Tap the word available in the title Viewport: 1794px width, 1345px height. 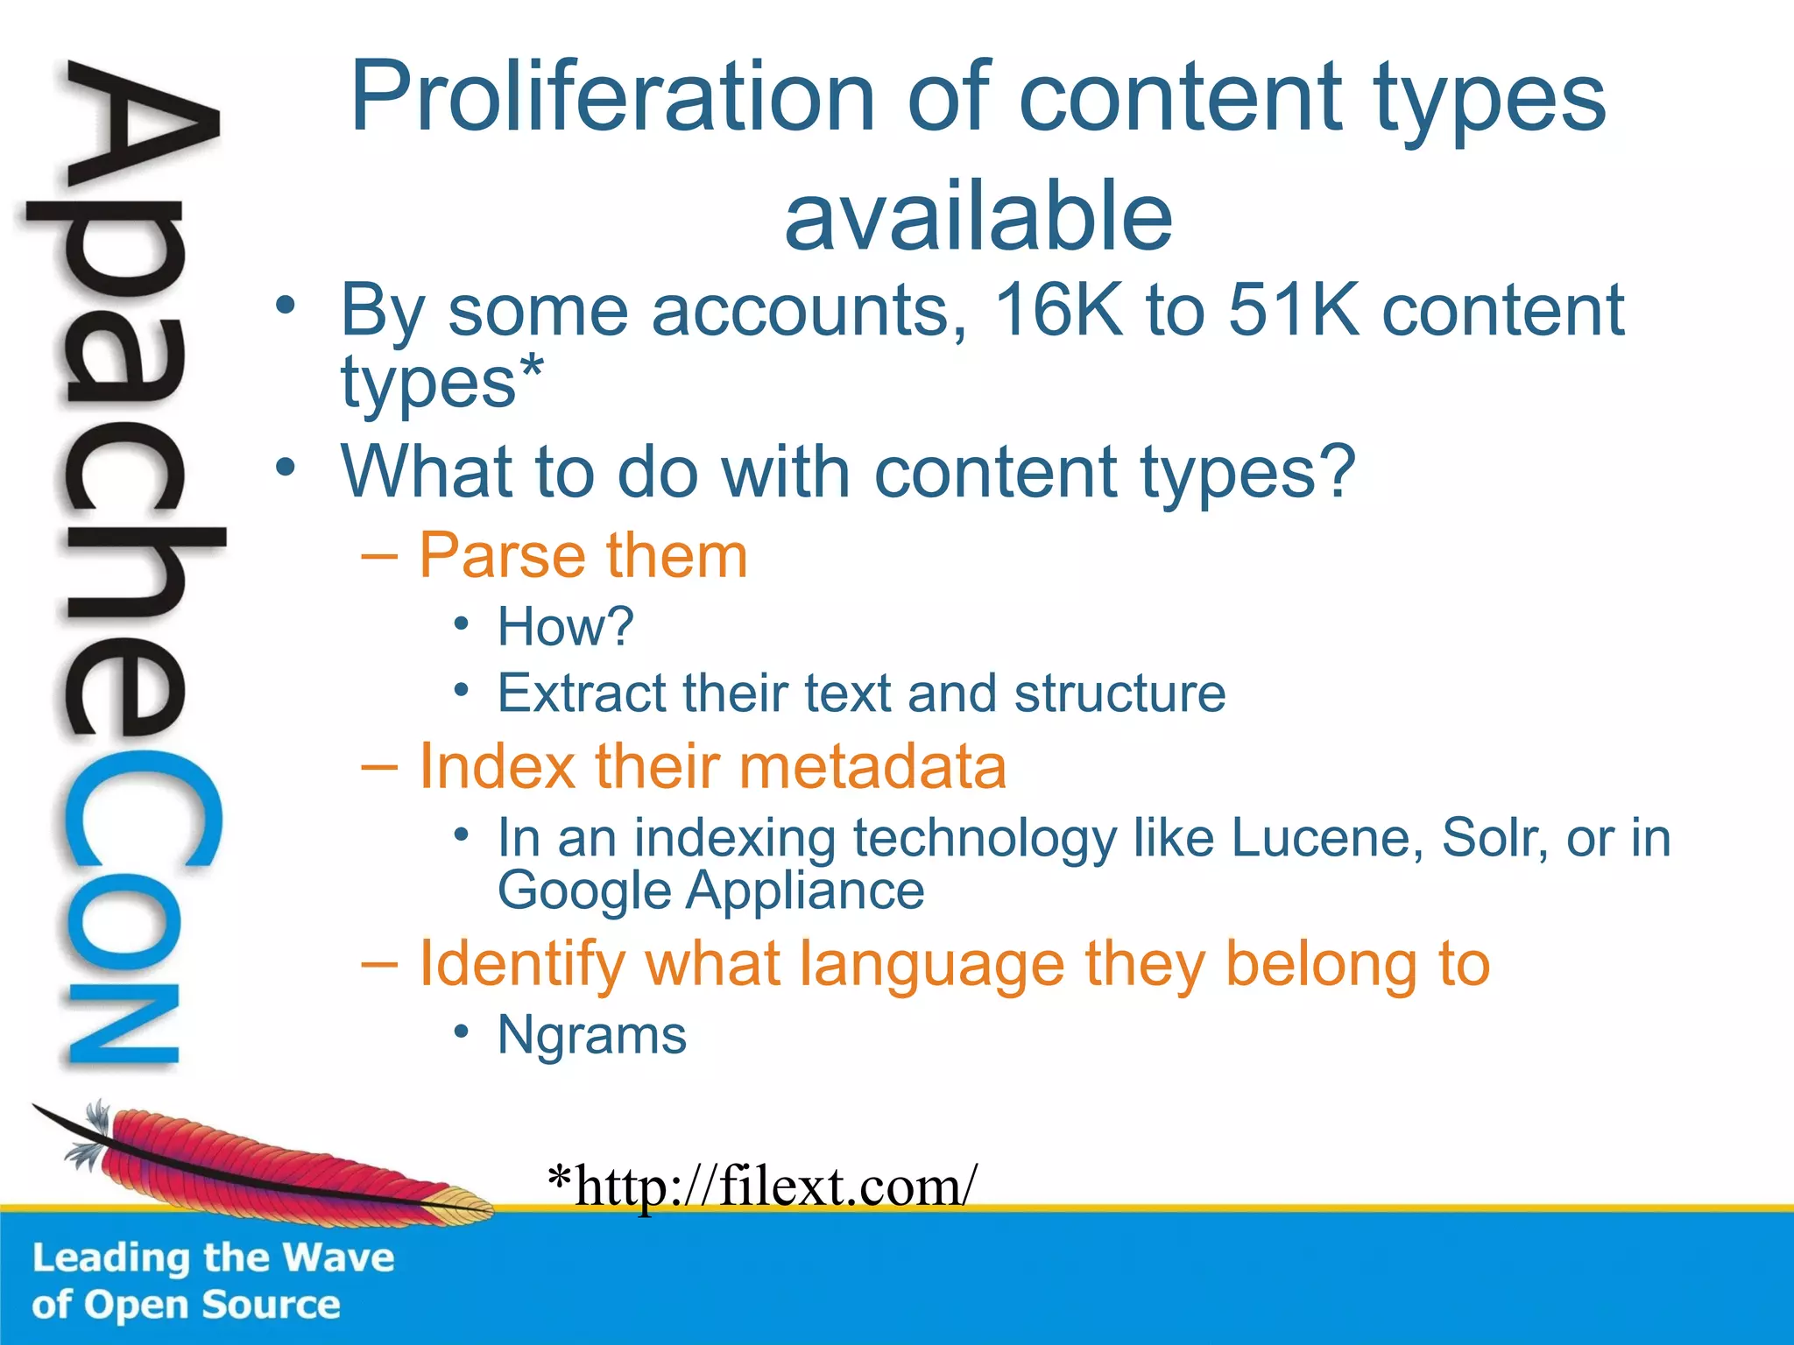[978, 215]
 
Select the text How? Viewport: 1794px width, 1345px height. [565, 626]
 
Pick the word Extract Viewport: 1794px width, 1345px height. [582, 693]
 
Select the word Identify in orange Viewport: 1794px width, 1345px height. [522, 964]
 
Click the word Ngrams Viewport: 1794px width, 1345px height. [591, 1035]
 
